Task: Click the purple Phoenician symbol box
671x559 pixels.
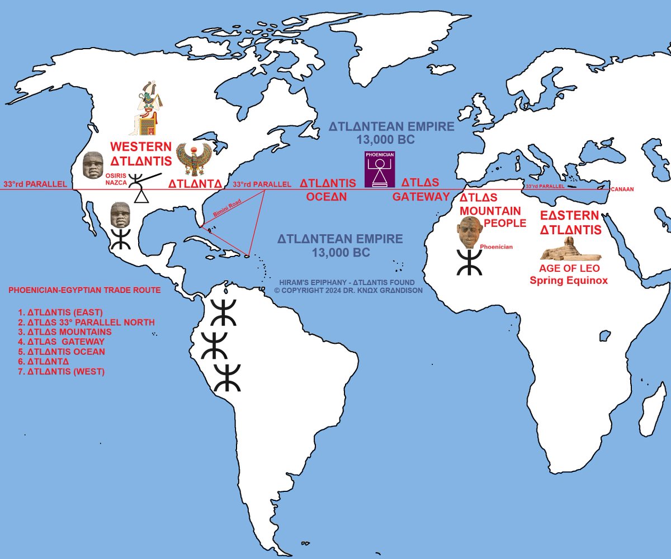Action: [x=380, y=167]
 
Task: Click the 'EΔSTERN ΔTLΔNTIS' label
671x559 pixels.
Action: [x=570, y=223]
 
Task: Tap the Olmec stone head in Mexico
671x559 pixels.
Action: [x=120, y=214]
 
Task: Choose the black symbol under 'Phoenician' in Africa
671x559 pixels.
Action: [x=469, y=262]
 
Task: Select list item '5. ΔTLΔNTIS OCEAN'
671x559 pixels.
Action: [x=62, y=352]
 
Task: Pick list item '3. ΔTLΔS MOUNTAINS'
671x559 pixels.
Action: [x=65, y=331]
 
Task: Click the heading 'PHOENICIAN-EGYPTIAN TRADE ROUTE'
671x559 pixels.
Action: [x=84, y=291]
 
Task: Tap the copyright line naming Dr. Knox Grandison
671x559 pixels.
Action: [x=348, y=291]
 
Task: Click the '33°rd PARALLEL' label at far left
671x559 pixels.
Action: [x=35, y=184]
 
